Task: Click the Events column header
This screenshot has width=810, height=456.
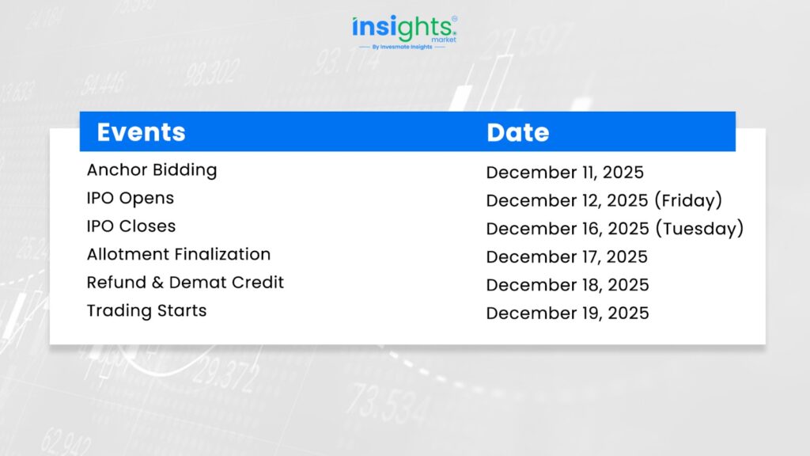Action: (141, 132)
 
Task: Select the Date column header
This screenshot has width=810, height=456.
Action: (517, 133)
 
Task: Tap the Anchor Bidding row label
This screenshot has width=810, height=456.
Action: (152, 170)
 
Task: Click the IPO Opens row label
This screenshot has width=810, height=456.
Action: (131, 198)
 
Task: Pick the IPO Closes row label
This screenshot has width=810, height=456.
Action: (131, 226)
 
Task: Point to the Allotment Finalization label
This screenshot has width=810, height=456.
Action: (179, 254)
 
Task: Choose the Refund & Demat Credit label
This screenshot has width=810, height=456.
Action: (185, 283)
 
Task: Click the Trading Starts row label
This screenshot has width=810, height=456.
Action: (146, 310)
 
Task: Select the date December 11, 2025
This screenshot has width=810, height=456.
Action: (565, 173)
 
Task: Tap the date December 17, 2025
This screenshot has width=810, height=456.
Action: (566, 257)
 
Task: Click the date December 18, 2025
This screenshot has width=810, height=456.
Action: (567, 285)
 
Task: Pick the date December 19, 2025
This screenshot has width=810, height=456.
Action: (567, 313)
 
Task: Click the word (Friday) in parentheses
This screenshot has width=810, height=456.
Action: (688, 200)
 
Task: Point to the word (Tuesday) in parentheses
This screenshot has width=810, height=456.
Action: (699, 229)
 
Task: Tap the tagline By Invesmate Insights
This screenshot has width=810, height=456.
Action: (403, 47)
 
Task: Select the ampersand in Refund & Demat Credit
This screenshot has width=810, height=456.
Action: (157, 283)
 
